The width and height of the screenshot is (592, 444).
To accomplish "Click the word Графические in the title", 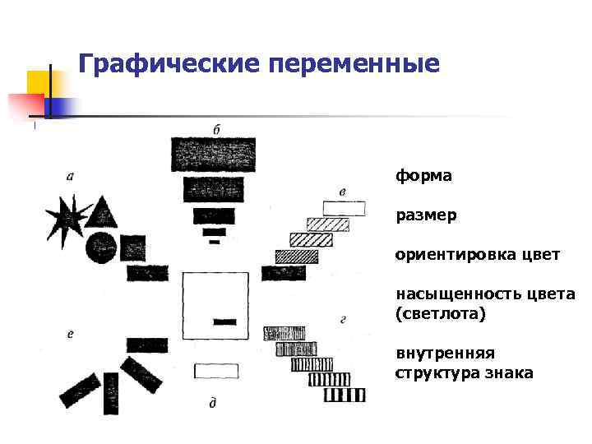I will (x=151, y=63).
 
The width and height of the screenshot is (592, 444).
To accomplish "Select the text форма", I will (x=423, y=176).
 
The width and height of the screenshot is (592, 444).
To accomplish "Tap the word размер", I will (x=426, y=215).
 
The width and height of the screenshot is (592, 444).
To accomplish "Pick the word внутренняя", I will (x=445, y=354).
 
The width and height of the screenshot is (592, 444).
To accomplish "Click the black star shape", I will (x=66, y=216).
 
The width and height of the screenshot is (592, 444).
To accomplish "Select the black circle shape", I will (x=100, y=247).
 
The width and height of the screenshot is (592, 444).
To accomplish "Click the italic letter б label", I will (x=215, y=129).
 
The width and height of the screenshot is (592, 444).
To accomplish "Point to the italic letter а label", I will (x=70, y=174).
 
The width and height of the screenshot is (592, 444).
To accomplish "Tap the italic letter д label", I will (x=213, y=402).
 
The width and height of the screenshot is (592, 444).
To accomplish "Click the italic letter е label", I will (x=71, y=334).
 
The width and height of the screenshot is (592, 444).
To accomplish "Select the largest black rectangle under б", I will (x=213, y=154).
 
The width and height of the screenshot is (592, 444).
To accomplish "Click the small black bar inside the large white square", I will (x=224, y=321).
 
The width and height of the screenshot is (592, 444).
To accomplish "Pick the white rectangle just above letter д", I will (x=216, y=371).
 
